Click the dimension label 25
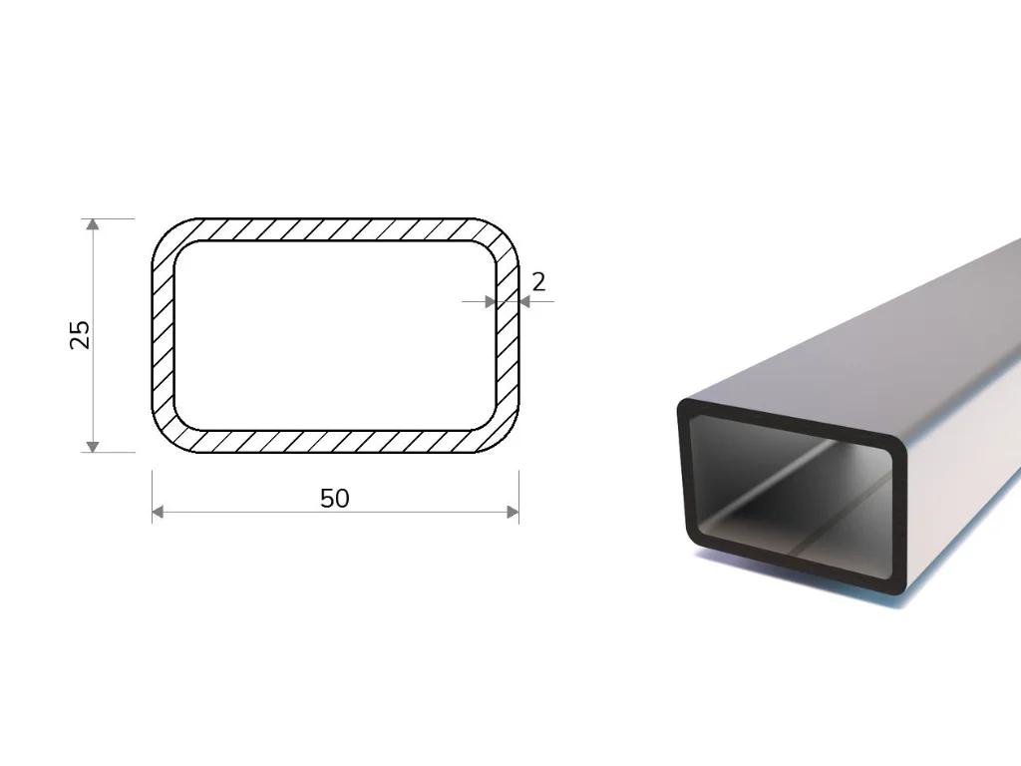[x=80, y=335]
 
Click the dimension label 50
[x=335, y=499]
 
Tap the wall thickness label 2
[x=538, y=282]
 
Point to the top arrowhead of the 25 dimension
[x=93, y=224]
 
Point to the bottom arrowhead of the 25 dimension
[x=93, y=446]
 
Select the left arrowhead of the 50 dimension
[x=158, y=512]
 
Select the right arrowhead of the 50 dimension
[x=512, y=512]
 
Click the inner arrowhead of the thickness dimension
[x=491, y=301]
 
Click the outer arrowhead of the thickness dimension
[x=524, y=301]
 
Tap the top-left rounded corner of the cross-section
[x=167, y=234]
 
